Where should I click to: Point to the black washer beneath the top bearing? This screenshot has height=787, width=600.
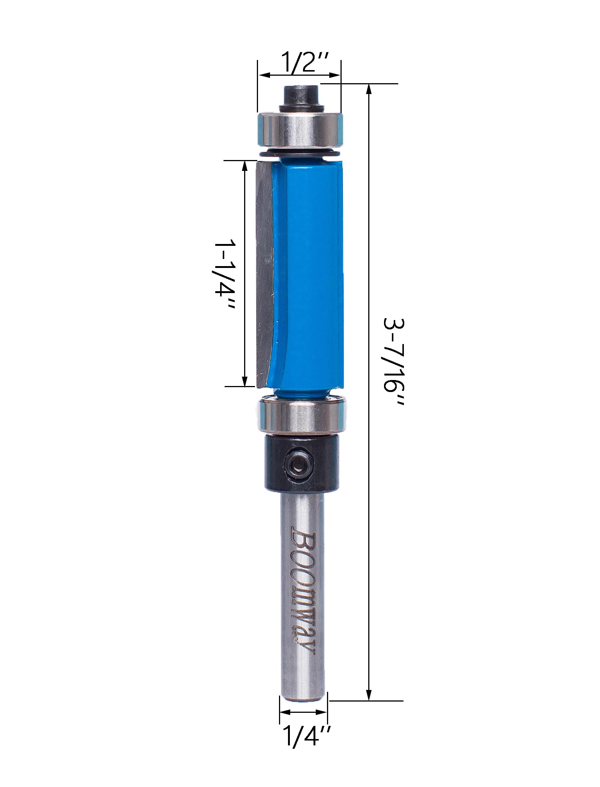point(299,153)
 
